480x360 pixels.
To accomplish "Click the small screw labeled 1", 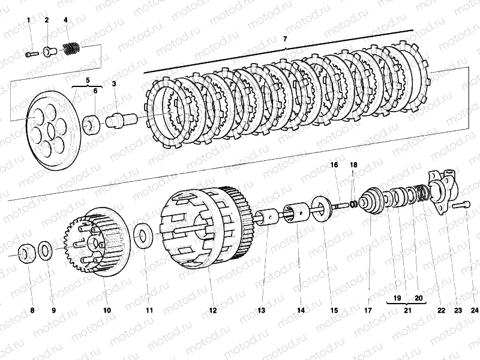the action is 31,55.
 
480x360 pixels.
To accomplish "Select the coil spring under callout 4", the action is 72,49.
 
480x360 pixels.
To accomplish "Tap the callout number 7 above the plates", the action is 285,39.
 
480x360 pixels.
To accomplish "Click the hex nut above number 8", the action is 26,254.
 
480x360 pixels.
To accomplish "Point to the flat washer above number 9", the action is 45,250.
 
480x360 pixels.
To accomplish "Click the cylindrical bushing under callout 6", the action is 92,125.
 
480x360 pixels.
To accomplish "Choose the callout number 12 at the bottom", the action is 213,310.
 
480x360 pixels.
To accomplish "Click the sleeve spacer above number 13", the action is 266,217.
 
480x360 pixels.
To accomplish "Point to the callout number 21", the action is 407,310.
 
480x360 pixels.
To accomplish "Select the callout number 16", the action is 334,164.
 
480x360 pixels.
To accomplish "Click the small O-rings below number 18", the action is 354,203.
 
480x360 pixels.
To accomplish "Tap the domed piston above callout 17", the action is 371,200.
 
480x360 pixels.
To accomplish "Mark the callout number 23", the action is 458,310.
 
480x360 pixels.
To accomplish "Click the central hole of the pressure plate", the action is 52,130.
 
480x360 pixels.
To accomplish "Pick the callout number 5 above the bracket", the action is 88,80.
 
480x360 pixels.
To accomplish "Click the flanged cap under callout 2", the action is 49,51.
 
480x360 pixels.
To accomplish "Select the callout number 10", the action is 107,310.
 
